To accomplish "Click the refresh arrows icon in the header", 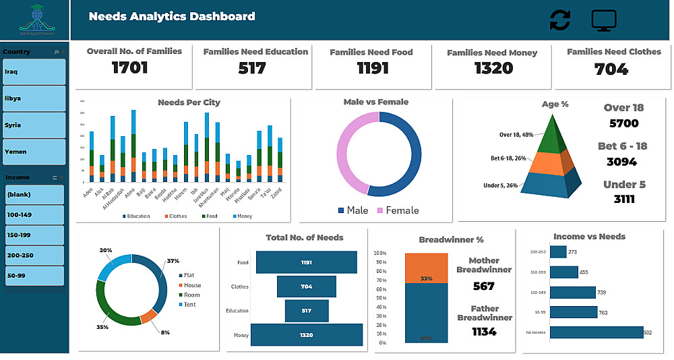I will (559, 20).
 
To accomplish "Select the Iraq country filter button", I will (34, 71).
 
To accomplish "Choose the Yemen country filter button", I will (34, 152).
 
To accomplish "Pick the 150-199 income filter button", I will (34, 235).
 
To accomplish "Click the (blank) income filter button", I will (34, 195).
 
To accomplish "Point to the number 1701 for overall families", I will (129, 67).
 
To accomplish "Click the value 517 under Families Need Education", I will (251, 68).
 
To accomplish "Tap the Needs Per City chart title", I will (189, 102).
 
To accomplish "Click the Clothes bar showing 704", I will (306, 287).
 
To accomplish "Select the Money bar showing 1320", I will (306, 334).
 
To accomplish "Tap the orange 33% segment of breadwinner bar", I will (426, 268).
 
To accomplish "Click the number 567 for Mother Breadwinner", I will (483, 286).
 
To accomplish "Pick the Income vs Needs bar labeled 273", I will (558, 252).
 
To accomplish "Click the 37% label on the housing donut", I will (173, 261).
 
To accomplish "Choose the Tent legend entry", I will (189, 305).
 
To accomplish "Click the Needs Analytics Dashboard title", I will (172, 16).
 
